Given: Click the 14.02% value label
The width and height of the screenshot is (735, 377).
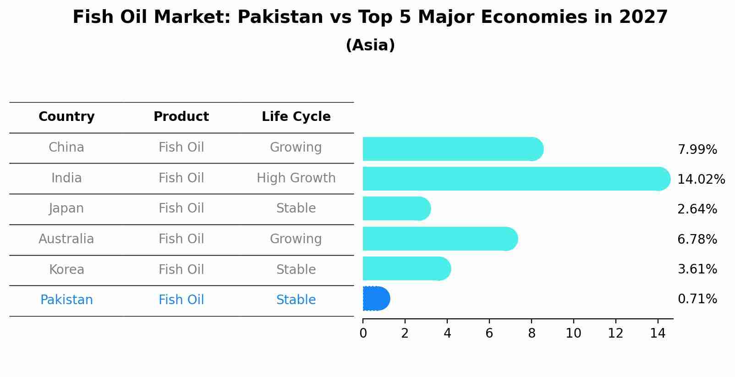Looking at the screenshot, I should (701, 180).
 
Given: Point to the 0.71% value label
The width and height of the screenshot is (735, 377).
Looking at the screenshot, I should (697, 299).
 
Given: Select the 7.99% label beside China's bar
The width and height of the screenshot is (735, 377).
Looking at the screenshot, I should (697, 150).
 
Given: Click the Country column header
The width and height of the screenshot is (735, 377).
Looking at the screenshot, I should (66, 117).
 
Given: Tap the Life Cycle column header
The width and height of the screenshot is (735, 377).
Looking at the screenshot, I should (296, 117).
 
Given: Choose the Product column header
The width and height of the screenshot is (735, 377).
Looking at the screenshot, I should (181, 117).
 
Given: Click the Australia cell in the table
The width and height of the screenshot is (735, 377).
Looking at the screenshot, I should (66, 239).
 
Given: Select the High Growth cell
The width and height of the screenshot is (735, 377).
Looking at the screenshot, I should (296, 178).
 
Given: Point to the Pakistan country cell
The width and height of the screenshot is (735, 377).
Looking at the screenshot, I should (66, 300).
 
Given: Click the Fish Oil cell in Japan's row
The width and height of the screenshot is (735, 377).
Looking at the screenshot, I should (181, 208).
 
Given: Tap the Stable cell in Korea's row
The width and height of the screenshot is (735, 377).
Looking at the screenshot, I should (296, 270).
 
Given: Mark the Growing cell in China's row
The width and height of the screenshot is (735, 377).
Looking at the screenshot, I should (296, 148).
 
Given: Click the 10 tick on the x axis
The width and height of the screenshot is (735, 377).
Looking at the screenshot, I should (573, 333).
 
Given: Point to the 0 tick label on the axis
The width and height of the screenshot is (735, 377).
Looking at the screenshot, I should (363, 333).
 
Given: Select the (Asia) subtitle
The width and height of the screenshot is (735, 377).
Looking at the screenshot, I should (370, 45).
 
